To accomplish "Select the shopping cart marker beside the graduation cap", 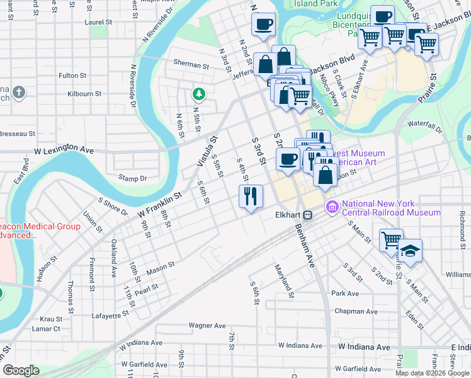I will (391, 239).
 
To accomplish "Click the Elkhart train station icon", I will (308, 215).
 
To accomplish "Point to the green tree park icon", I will (199, 94).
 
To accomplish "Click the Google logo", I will (21, 370).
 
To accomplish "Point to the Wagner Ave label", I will (207, 326).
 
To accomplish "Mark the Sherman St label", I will (191, 65).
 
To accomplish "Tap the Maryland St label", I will (284, 281).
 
